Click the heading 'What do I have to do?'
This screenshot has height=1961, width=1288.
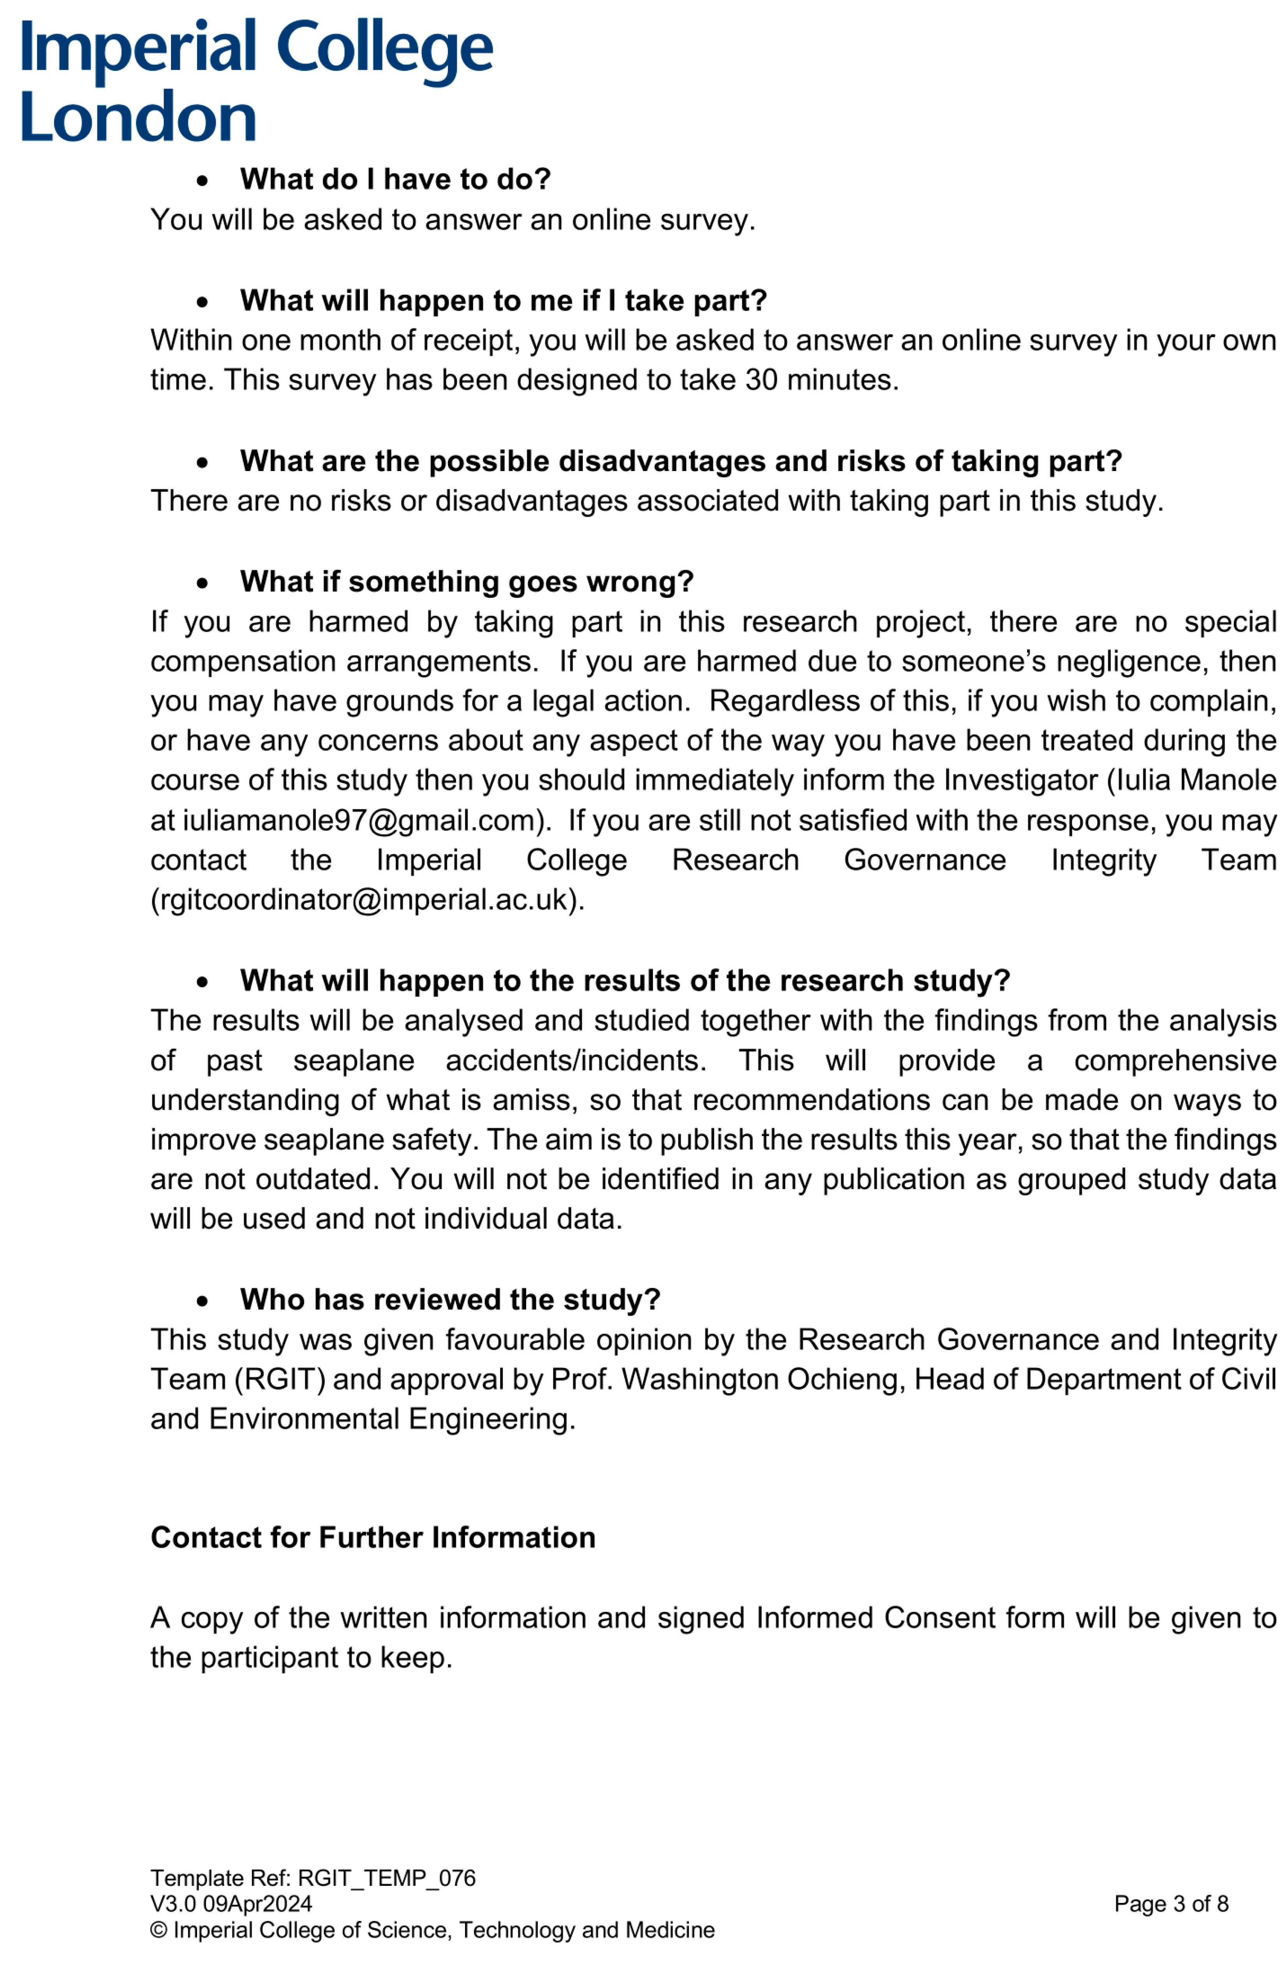(x=395, y=179)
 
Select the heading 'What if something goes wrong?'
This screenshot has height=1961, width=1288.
(x=467, y=582)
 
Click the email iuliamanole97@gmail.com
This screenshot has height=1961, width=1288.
(x=359, y=821)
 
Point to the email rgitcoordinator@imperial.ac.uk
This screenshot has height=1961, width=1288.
(x=366, y=900)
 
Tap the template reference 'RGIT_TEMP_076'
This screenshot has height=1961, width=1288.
(x=386, y=1878)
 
